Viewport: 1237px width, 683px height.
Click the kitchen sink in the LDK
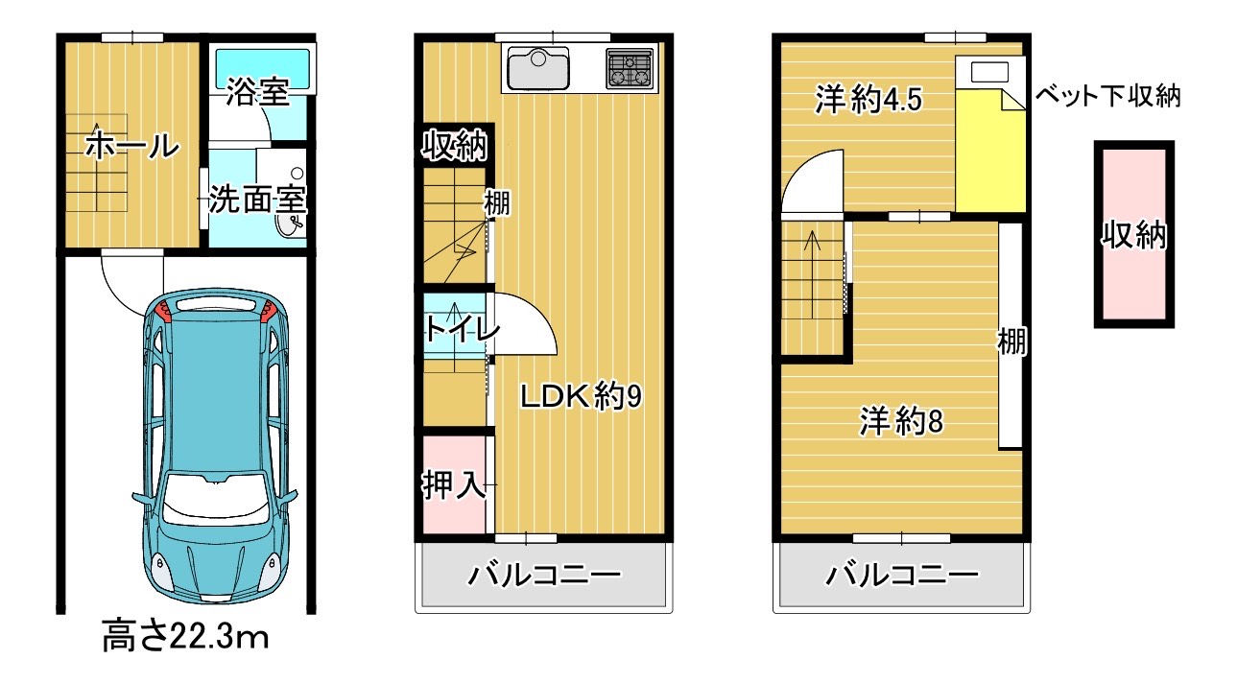tap(539, 67)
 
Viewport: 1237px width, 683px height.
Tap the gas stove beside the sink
tap(629, 66)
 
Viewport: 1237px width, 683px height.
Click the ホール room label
tap(132, 147)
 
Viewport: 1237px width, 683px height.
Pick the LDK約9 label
tap(581, 395)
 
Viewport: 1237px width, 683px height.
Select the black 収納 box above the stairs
tap(455, 147)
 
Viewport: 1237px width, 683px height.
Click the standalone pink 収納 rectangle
tap(1133, 235)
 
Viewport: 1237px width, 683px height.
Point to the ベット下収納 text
tap(1107, 96)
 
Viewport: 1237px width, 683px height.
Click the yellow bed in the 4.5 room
tap(989, 144)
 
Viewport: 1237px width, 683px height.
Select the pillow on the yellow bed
tap(989, 73)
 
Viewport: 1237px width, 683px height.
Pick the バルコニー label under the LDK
tap(544, 576)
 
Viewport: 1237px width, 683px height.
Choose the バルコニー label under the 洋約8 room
tap(902, 576)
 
